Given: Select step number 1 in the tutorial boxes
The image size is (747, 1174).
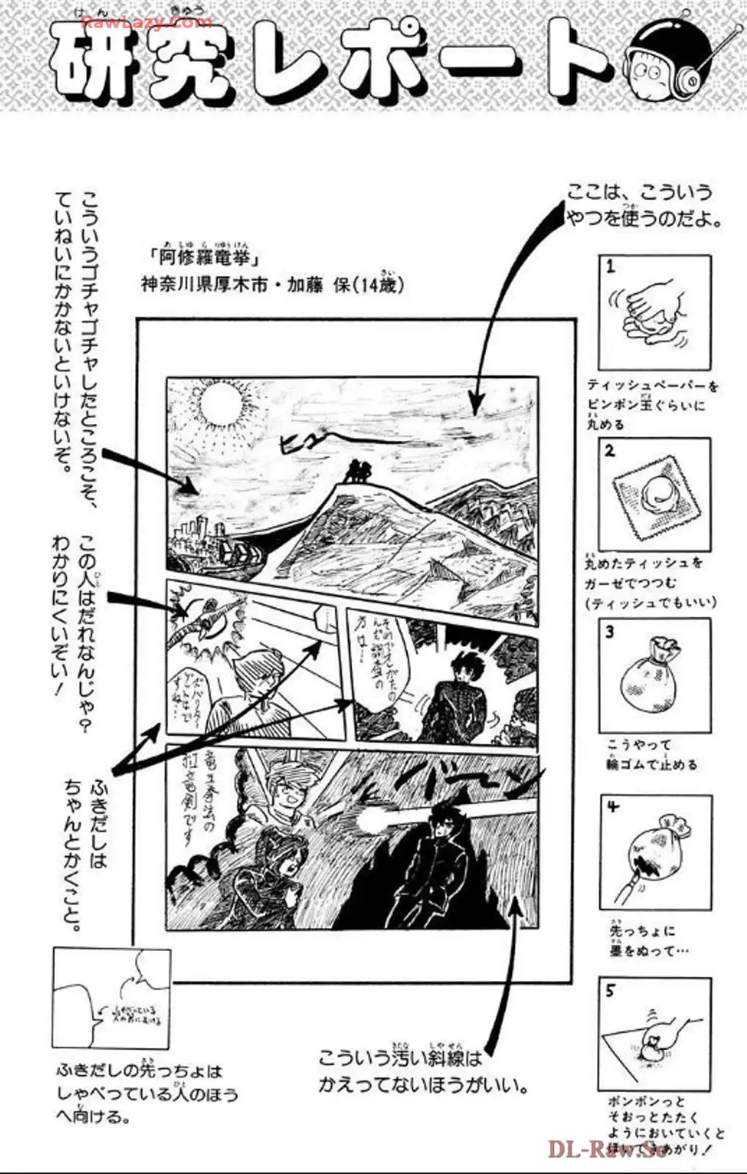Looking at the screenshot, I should tap(610, 268).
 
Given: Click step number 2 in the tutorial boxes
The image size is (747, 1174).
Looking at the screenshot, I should tap(610, 451).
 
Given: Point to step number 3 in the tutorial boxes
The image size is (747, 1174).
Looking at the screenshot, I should tap(610, 631).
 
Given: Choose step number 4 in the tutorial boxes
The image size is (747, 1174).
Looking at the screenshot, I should tap(613, 808).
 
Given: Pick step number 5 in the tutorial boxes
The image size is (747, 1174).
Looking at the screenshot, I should tap(610, 991).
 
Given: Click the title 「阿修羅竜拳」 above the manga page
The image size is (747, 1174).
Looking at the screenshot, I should tap(203, 260).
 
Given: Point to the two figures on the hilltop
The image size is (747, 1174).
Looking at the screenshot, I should tap(358, 470).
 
